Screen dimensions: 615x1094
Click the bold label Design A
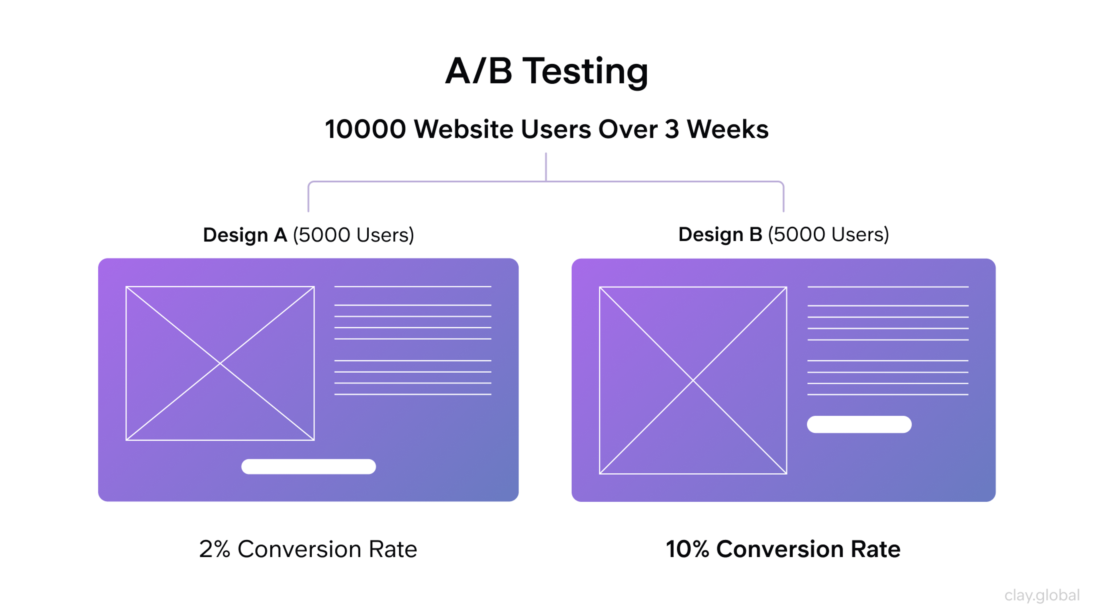[x=245, y=235]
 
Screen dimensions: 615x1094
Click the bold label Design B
[x=720, y=234]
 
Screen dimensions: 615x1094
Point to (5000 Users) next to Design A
[x=353, y=235]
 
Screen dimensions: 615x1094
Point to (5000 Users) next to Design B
[x=828, y=234]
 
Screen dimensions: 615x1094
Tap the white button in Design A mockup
[x=308, y=466]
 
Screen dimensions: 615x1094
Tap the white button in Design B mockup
[x=859, y=425]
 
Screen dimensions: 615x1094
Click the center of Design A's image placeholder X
[x=220, y=363]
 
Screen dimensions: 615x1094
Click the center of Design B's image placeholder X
[x=693, y=380]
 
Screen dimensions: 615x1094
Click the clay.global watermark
[x=1042, y=595]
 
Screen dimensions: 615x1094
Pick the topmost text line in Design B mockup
[x=888, y=287]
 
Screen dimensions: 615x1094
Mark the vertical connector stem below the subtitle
[x=546, y=167]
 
